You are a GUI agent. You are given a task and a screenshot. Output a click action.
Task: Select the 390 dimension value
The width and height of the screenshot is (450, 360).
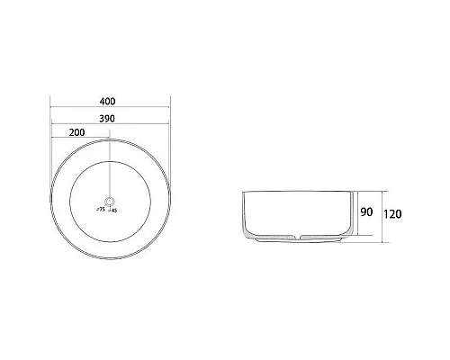(x=110, y=117)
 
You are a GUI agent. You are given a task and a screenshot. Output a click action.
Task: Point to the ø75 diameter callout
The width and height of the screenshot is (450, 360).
(x=100, y=208)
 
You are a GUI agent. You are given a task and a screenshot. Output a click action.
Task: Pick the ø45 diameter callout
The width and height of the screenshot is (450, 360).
(x=113, y=208)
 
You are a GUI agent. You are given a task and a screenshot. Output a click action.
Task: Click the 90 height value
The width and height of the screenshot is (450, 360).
(x=367, y=212)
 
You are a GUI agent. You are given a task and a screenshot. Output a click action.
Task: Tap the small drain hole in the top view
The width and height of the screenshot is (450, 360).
(x=110, y=200)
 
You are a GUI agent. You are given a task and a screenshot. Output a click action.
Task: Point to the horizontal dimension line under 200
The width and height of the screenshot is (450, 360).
(x=80, y=139)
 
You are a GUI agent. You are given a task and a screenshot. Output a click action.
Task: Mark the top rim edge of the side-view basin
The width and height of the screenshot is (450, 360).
(x=296, y=192)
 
